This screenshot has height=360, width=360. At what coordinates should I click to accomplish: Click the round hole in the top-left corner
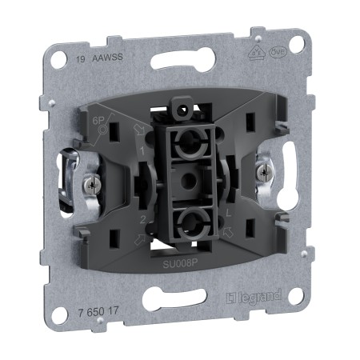59,60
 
